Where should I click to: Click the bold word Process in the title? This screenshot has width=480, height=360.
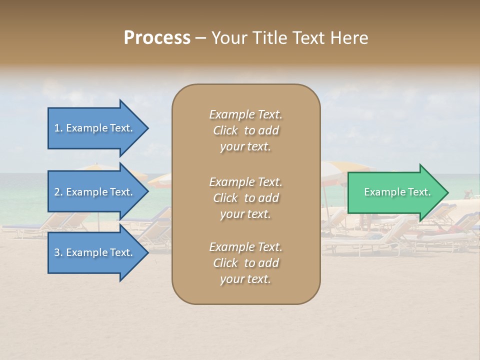click(x=157, y=38)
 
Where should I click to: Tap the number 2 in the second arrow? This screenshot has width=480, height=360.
click(x=57, y=192)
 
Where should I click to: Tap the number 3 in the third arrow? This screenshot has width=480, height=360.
click(x=57, y=252)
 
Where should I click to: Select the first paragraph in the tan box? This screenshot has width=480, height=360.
click(x=245, y=130)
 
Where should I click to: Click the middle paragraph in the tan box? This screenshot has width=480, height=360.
click(x=245, y=198)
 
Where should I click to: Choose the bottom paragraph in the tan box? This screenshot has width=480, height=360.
click(x=245, y=263)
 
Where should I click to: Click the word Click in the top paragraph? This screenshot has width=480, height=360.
click(x=225, y=130)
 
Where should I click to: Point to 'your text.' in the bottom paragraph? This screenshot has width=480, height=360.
click(x=245, y=279)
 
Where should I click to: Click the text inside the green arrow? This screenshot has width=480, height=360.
click(x=397, y=192)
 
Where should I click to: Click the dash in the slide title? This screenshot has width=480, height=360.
click(x=200, y=38)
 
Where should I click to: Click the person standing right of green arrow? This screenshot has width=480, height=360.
click(x=468, y=193)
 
